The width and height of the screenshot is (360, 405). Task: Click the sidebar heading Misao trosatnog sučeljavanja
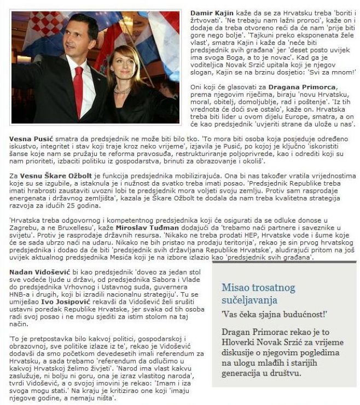pos(258,294)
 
